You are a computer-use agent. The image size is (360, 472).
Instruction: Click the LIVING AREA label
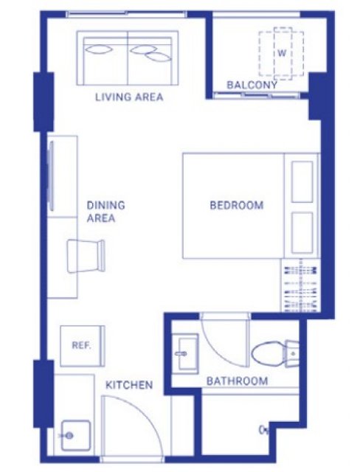pos(129,97)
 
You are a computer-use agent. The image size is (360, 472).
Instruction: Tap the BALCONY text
pos(252,85)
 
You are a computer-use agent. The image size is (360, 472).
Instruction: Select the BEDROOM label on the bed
pos(237,205)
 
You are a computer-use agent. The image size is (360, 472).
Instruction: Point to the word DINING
pos(105,205)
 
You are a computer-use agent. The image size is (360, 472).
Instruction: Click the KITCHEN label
pos(129,385)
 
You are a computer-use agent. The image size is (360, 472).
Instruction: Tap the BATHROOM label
pos(238,381)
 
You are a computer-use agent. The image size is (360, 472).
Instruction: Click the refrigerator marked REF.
pos(83,346)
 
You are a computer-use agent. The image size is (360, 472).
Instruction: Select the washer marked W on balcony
pos(282,54)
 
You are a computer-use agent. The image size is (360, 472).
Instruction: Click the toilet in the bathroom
pos(275,353)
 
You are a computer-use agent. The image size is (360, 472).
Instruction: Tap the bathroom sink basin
pos(185,353)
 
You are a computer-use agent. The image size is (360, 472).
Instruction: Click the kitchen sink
pos(76,435)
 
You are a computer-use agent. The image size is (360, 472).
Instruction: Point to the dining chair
pos(86,256)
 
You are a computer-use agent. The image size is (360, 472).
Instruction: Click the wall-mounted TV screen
pos(51,176)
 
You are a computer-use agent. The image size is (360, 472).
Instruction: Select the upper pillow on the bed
pos(302,182)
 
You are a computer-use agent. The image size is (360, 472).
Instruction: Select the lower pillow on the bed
pos(302,233)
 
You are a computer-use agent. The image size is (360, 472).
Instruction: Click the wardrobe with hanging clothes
pos(300,285)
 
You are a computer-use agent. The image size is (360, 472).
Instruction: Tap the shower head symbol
pos(263,430)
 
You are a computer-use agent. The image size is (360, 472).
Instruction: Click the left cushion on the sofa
pos(98,49)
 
